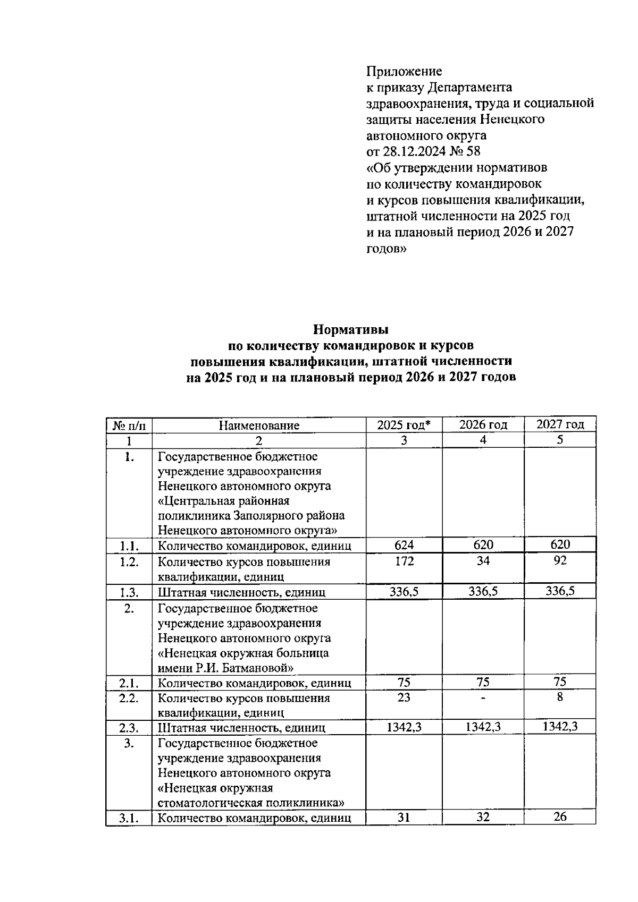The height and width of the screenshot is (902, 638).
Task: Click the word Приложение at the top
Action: pos(404,71)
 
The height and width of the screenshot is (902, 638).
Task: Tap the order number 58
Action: pos(473,151)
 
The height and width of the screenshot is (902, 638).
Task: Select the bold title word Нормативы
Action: pos(350,330)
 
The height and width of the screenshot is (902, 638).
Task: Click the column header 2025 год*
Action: pos(404,424)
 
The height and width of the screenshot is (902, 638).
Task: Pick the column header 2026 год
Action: pos(483,424)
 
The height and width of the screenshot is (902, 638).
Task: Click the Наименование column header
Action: pos(259,425)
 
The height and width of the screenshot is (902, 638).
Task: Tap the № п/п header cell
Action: pos(129,425)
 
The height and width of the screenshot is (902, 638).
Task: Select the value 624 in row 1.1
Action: pos(404,544)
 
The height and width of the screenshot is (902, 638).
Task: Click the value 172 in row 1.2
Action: pos(404,561)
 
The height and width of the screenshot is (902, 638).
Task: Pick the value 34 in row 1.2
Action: pos(483,561)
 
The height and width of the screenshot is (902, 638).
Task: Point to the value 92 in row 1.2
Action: pos(560,560)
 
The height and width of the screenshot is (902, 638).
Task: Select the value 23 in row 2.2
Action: pos(404,697)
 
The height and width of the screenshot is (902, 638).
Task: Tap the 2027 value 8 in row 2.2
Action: pos(560,697)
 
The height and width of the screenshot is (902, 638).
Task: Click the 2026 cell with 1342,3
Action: pos(483,727)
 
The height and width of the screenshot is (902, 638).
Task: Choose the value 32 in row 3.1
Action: pos(483,817)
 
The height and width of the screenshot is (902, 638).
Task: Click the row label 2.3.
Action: pos(129,727)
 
